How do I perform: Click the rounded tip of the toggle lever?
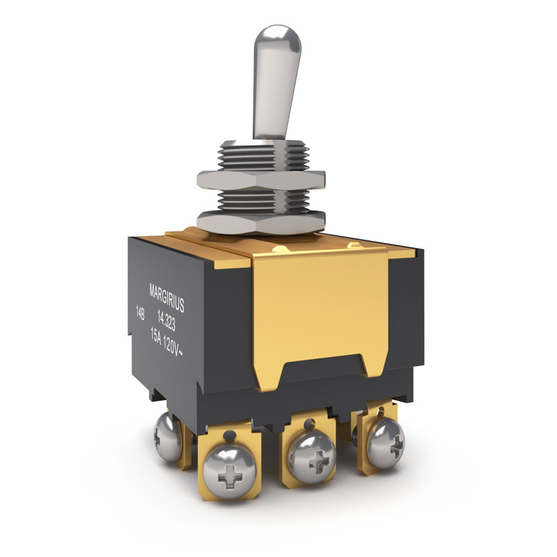pos(277,38)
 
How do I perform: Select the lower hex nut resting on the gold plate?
pos(261,221)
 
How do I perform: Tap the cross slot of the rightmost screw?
pos(395,442)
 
